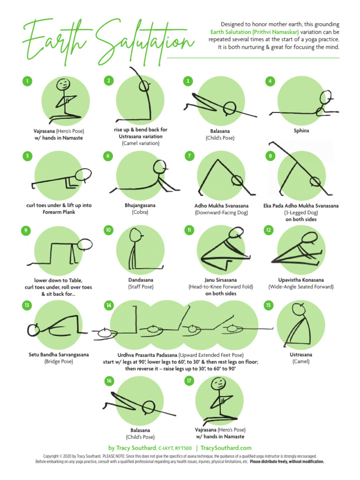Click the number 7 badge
tap(189, 156)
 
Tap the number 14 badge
tap(109, 305)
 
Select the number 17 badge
tap(189, 381)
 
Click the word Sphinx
tap(301, 131)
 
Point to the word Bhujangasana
tap(140, 205)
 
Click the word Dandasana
tap(141, 280)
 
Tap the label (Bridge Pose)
tap(59, 361)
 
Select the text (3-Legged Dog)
tap(301, 212)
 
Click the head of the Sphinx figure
tap(326, 97)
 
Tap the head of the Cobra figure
tap(159, 166)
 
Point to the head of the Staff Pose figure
tap(135, 235)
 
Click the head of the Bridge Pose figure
tap(33, 330)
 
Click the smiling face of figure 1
tap(64, 83)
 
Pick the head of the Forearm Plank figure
tap(83, 175)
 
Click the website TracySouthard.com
tap(226, 448)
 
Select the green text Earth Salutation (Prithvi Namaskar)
tap(255, 32)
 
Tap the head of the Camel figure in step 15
tap(299, 309)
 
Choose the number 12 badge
tap(269, 230)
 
